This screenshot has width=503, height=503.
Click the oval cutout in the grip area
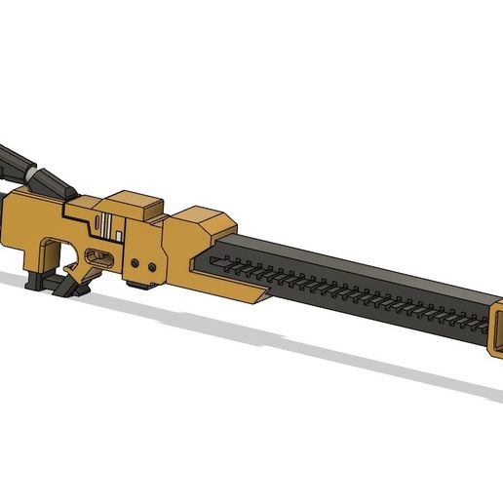(x=99, y=257)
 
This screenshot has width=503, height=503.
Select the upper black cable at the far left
(x=12, y=156)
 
